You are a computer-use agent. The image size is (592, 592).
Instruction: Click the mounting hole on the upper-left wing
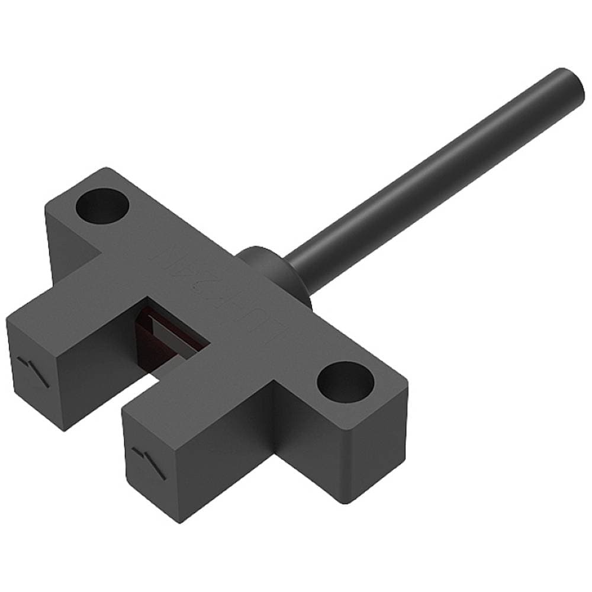tap(103, 204)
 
